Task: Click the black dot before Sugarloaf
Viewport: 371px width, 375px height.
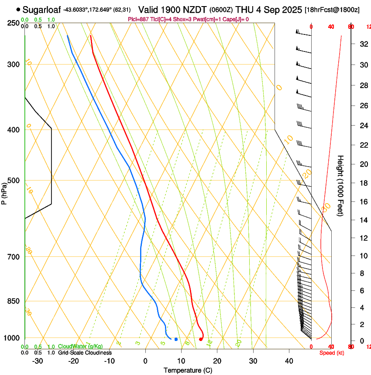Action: point(18,9)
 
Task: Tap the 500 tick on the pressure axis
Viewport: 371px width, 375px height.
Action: point(13,181)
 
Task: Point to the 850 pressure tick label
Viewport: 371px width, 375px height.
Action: point(13,301)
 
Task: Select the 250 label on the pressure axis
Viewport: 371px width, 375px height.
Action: point(13,23)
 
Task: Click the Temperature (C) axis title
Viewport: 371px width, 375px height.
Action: point(188,370)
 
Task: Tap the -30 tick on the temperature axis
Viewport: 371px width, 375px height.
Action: point(37,361)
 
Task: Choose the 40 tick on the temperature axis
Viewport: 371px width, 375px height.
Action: point(289,361)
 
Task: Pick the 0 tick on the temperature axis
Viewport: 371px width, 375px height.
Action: point(145,361)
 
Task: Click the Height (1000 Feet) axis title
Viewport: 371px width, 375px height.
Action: point(340,185)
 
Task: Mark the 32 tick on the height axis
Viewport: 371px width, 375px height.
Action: point(363,44)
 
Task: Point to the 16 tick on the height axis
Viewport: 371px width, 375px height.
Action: point(363,202)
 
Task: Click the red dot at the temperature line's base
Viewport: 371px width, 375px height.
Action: point(200,339)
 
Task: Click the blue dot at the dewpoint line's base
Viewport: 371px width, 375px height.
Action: point(176,339)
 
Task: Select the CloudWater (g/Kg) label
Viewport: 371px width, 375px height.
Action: point(80,347)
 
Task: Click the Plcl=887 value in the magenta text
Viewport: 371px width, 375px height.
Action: point(139,19)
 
